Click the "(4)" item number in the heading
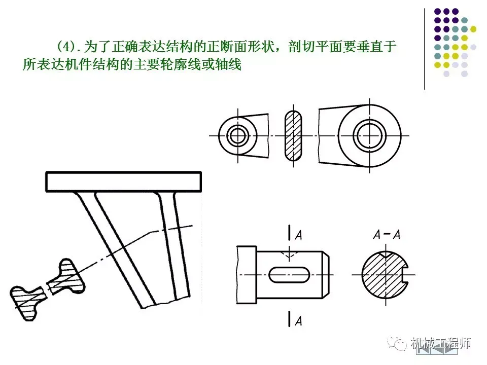(x=65, y=47)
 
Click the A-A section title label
(x=387, y=235)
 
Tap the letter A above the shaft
(x=299, y=235)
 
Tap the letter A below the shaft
(x=299, y=320)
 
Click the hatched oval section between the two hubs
(x=293, y=135)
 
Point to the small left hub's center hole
(x=237, y=135)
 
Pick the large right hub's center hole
(x=369, y=135)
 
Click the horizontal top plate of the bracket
(x=123, y=181)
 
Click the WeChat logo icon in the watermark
(x=399, y=343)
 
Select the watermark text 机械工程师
(x=440, y=343)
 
